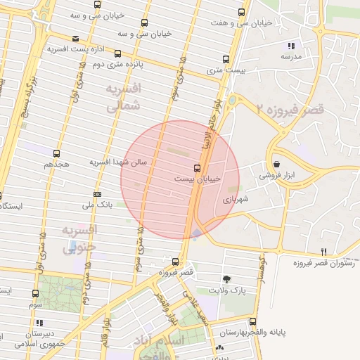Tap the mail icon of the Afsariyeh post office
click(75, 39)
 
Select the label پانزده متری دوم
click(119, 63)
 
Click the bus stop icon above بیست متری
click(226, 59)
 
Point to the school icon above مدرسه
click(292, 46)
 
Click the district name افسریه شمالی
click(124, 97)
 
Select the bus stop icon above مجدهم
click(56, 153)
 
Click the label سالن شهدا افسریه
click(118, 162)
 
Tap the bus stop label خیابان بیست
click(198, 179)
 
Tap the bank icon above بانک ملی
click(97, 194)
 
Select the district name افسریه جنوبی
click(79, 239)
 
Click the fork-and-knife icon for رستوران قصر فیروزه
click(323, 252)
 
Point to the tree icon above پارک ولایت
click(226, 279)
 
